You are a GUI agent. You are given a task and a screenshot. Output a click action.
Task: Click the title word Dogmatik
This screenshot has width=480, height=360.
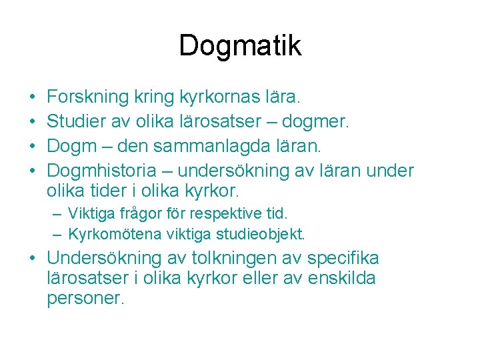pyautogui.click(x=240, y=45)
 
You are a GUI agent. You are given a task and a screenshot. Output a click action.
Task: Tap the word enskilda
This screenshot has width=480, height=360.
pyautogui.click(x=341, y=278)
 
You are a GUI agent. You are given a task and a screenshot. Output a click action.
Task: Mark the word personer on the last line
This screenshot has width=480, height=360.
pyautogui.click(x=85, y=298)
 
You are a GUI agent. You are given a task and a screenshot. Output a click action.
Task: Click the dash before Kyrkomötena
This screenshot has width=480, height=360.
pyautogui.click(x=58, y=235)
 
